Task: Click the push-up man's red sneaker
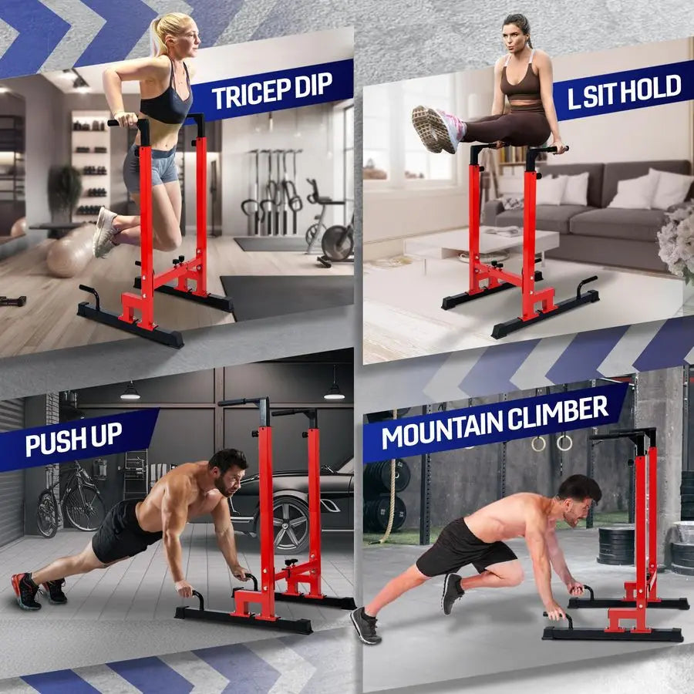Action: [x=25, y=591]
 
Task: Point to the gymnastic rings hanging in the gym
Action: [x=551, y=443]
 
